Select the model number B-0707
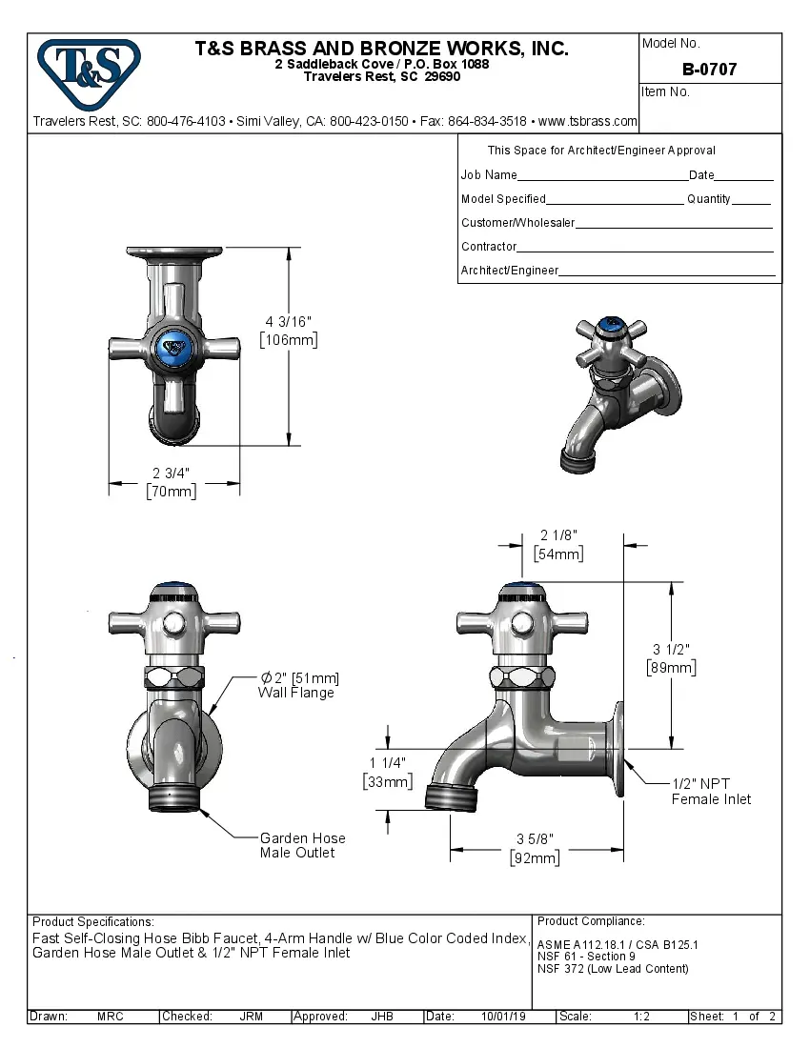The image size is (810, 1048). point(709,70)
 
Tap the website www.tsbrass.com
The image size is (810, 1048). point(587,121)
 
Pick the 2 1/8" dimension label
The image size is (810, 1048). point(558,535)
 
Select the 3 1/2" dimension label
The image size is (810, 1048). point(671,649)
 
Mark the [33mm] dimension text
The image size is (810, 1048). point(387,781)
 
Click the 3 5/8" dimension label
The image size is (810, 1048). point(535,838)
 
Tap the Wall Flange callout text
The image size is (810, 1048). point(296,693)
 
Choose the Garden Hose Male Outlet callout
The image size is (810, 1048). point(302,845)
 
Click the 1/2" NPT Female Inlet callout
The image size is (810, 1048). point(711,791)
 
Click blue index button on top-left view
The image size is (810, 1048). point(173,348)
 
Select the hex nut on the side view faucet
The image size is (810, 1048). point(522,678)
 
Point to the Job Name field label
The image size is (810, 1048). point(489,175)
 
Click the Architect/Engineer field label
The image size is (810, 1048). point(509,271)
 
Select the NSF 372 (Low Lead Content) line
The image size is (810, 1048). point(613,969)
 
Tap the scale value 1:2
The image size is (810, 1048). point(641,1017)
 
